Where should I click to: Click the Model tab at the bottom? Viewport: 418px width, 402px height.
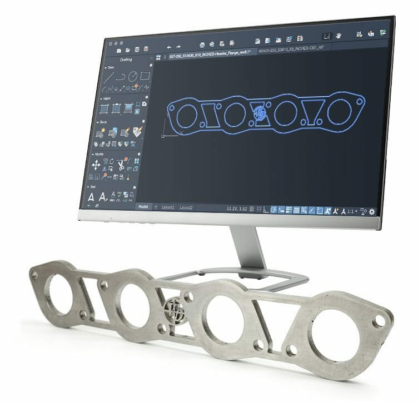click(x=143, y=206)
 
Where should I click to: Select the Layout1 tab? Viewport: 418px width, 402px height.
click(x=168, y=207)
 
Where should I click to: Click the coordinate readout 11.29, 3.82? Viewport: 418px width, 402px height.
click(x=237, y=209)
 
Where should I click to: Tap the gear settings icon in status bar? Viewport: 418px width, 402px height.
click(x=372, y=212)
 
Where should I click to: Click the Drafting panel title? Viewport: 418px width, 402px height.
click(x=126, y=59)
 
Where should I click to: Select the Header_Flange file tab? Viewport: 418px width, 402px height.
click(x=210, y=51)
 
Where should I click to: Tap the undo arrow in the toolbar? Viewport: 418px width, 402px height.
click(x=168, y=46)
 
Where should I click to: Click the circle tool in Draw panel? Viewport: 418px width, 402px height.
click(x=133, y=77)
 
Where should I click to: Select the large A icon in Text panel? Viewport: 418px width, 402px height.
click(x=91, y=197)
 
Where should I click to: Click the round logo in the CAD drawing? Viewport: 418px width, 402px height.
click(x=258, y=113)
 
